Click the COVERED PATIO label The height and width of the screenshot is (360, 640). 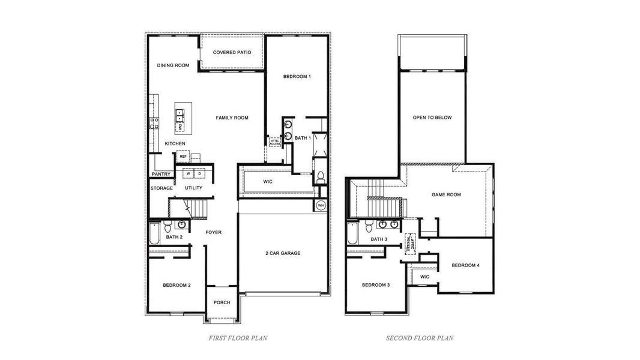232,53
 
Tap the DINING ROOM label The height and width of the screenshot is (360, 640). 174,65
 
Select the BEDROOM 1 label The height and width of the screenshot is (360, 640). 297,77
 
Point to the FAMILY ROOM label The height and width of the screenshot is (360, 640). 232,118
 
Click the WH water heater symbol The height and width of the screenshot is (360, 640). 321,205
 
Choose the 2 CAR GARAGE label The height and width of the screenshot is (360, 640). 283,253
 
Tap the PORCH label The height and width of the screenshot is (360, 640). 222,302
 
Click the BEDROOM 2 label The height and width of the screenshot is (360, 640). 177,285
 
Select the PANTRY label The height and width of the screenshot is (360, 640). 161,175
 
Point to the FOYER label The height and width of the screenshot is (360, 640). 214,232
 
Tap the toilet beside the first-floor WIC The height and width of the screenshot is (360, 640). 321,177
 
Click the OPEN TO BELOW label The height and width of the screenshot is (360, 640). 432,118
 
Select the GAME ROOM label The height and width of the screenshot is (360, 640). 446,195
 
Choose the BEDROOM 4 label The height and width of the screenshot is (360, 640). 465,265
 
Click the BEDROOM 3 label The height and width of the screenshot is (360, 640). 376,285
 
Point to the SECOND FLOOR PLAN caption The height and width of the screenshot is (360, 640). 420,338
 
